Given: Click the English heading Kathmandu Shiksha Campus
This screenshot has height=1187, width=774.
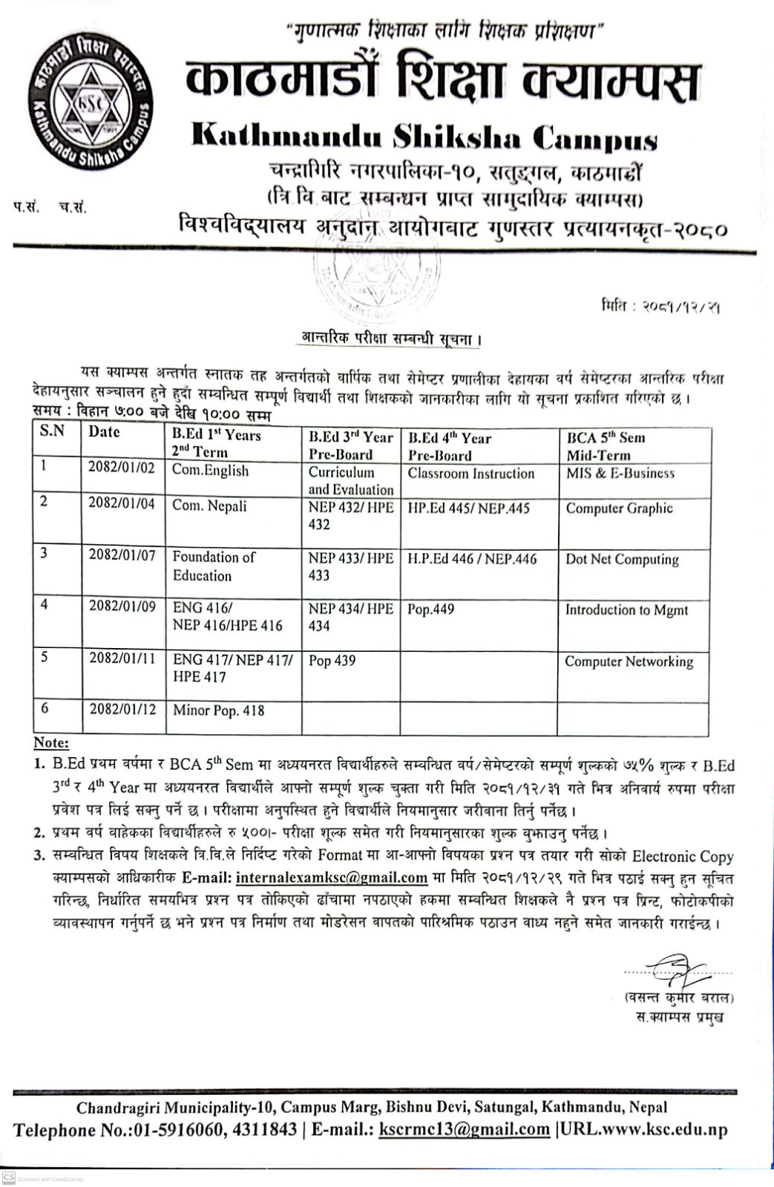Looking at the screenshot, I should (x=424, y=137).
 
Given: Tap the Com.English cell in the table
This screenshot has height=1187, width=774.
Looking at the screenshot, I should (x=210, y=471).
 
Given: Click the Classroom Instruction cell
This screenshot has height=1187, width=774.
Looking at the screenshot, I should (x=470, y=474).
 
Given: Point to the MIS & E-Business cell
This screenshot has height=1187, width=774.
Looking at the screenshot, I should (x=620, y=473).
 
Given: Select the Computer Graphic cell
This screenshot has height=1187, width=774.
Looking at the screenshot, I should (x=619, y=509).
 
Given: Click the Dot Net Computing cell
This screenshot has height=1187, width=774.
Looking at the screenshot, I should (x=622, y=560).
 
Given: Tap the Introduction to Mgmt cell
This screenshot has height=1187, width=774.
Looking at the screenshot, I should (x=626, y=610).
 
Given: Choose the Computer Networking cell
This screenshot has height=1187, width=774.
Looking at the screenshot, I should (x=629, y=661).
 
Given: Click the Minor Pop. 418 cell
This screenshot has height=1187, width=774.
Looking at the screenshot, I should (x=218, y=710).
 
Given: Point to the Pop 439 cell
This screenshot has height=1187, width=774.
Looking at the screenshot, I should (x=332, y=661).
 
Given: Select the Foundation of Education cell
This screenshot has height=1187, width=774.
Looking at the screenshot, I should (x=214, y=566).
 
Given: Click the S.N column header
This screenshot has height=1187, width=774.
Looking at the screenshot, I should (x=52, y=431).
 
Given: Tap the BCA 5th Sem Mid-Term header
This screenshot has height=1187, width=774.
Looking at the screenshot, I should (x=606, y=446).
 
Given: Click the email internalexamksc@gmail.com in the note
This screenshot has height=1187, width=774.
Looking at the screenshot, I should (x=332, y=877).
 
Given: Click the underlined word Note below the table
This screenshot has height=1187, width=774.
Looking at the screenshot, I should (x=51, y=743).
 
